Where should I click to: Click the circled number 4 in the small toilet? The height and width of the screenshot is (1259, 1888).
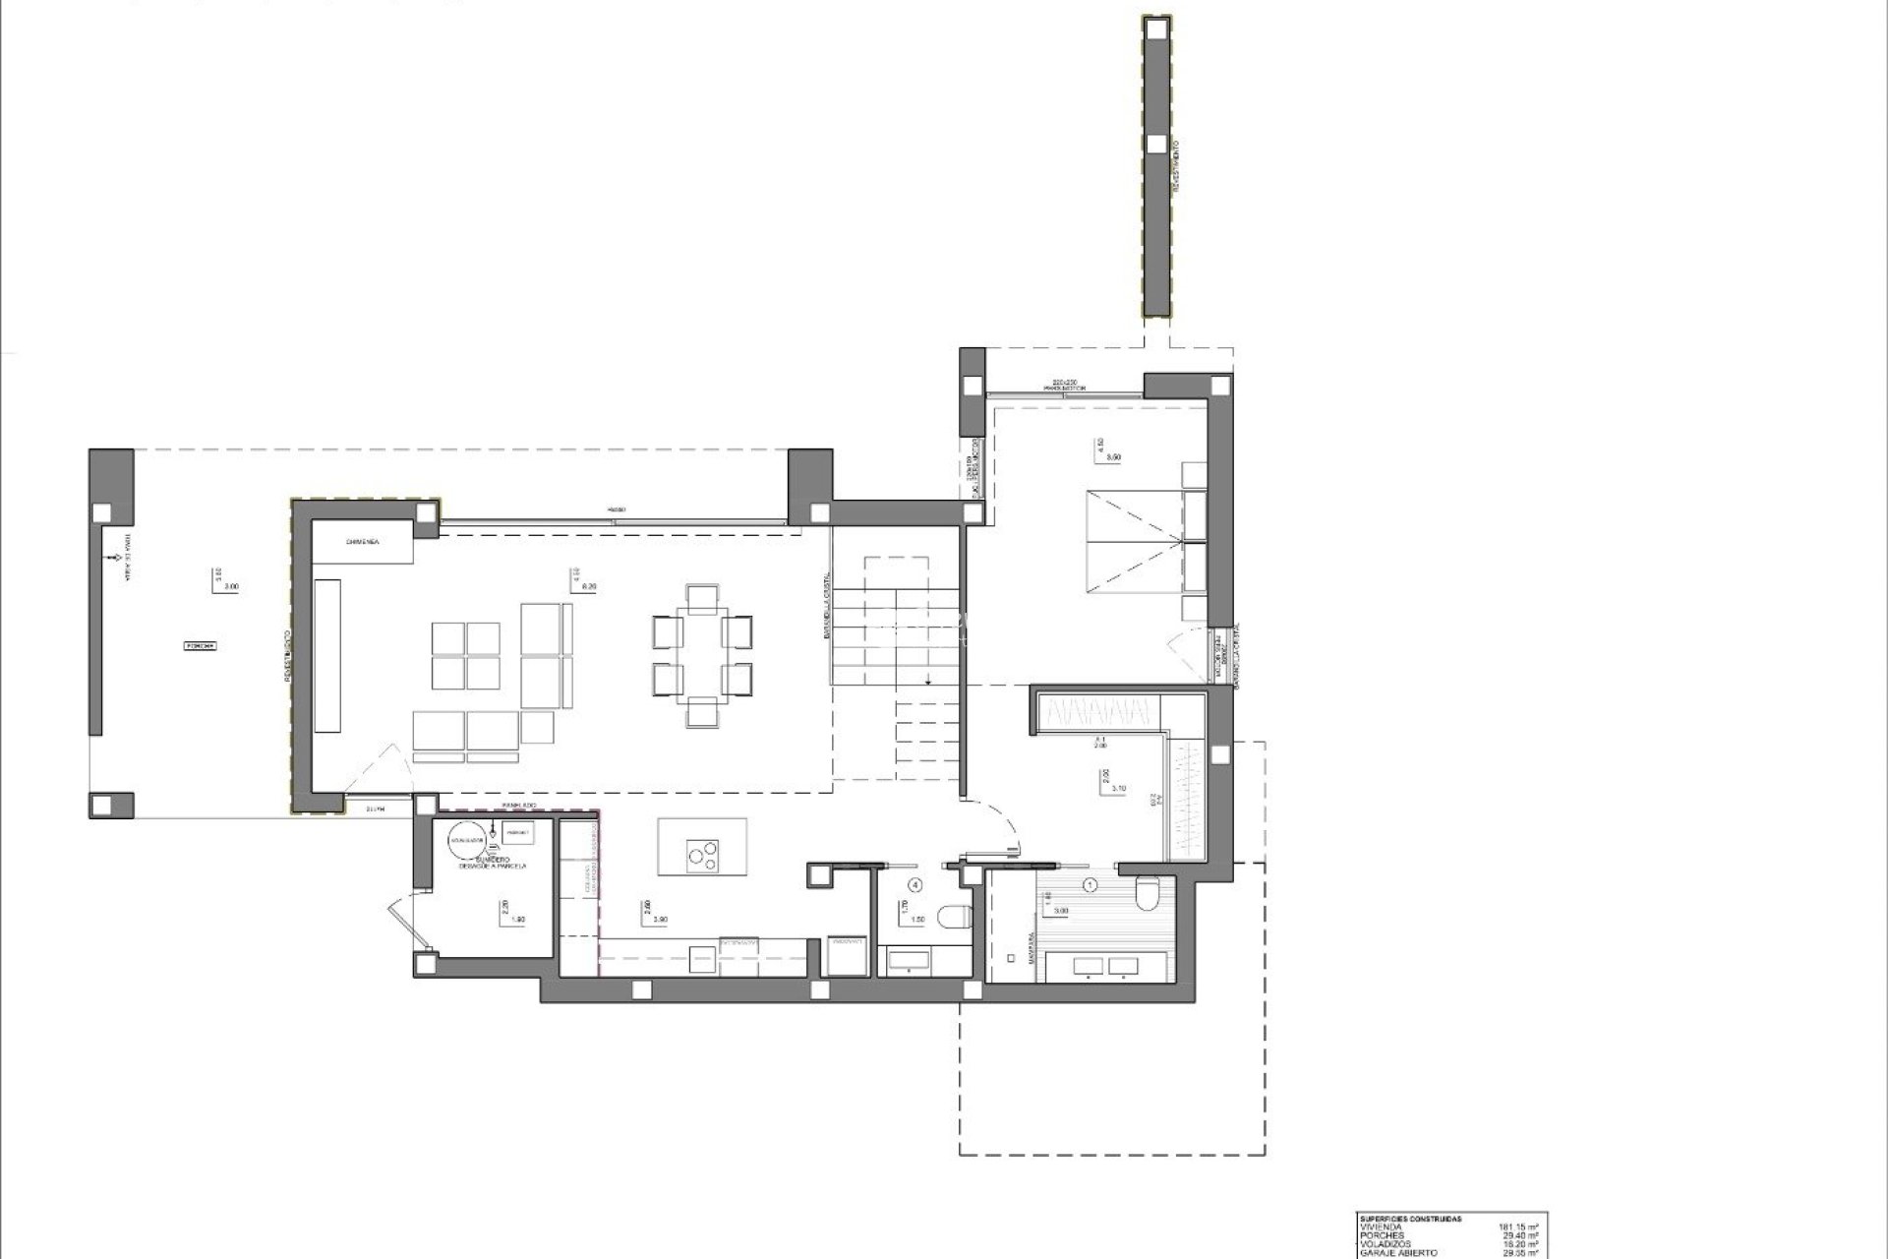[915, 884]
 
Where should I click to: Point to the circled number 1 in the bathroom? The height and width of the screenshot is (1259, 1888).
[1090, 884]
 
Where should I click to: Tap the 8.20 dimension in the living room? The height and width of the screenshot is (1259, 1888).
[590, 586]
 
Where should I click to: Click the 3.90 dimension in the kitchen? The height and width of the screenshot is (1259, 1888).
[661, 919]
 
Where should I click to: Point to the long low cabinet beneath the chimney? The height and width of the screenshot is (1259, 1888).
[327, 654]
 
